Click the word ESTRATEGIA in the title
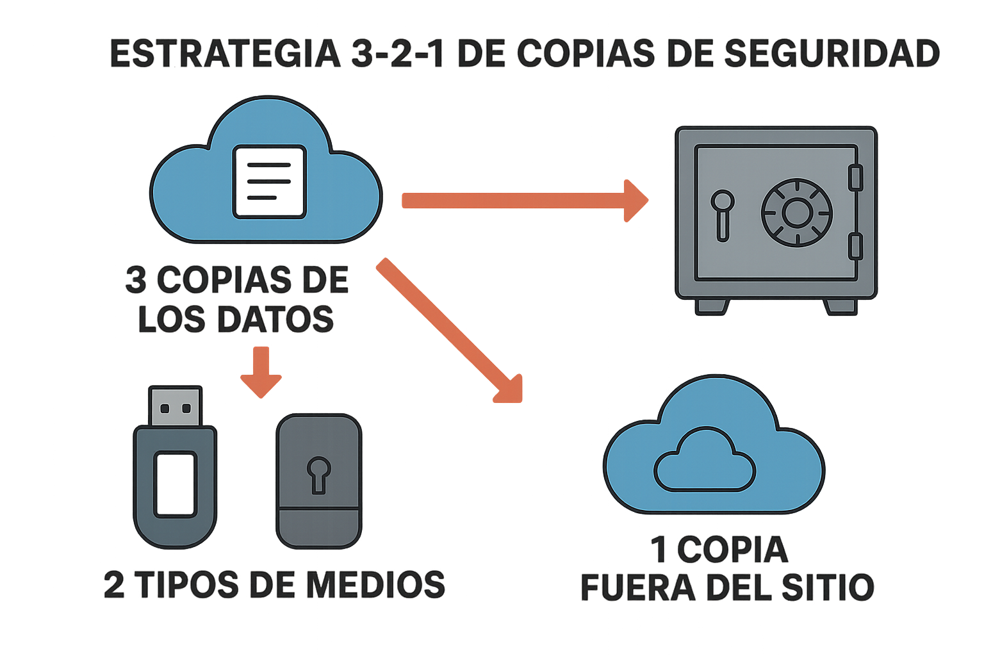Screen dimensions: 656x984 pos(225,54)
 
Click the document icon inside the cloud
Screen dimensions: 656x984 pos(269,182)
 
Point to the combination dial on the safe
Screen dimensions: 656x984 pos(796,213)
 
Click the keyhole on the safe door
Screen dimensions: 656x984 pos(723,214)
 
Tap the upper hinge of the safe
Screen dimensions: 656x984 pos(855,177)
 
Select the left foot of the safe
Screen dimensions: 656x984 pos(712,306)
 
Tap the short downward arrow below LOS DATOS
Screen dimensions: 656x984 pos(261,372)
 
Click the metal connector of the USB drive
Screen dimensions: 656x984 pos(175,407)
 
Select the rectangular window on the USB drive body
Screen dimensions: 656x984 pos(175,484)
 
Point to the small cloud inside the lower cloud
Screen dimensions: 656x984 pos(704,460)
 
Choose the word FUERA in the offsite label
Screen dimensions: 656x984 pos(637,588)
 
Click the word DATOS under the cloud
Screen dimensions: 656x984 pos(275,319)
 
